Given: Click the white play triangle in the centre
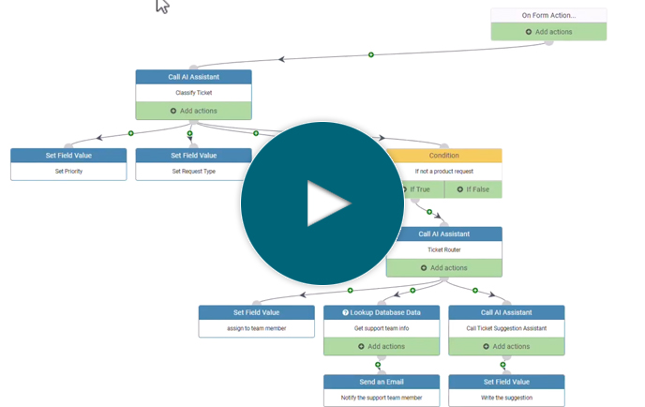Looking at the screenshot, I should pos(327,204).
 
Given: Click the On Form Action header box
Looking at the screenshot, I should pos(548,15).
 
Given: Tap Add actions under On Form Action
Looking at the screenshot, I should pos(548,32).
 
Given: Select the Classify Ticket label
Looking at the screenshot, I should pos(193,93).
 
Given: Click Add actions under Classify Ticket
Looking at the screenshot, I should pos(193,111).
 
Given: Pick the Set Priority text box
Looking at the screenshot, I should pos(68,172).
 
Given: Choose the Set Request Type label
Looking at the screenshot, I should pos(193,172).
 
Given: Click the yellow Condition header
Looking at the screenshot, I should pos(443,156).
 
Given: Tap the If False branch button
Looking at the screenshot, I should pos(472,189).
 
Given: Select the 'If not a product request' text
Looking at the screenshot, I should pos(443,172).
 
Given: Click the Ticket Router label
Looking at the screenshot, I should pos(443,250).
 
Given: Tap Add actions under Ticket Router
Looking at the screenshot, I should pos(443,268).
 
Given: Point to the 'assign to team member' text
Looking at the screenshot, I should pos(256,328).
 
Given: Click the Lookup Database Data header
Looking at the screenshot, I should pos(382,312).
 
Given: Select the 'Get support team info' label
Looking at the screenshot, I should pos(382,328).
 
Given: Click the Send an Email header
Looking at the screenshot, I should pos(382,382).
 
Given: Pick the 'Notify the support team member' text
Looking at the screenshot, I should pos(382,398).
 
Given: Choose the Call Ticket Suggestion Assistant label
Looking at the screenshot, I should pos(506,328).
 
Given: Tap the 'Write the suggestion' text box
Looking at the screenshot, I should pos(506,398).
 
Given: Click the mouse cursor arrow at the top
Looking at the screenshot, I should pos(161,6).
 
